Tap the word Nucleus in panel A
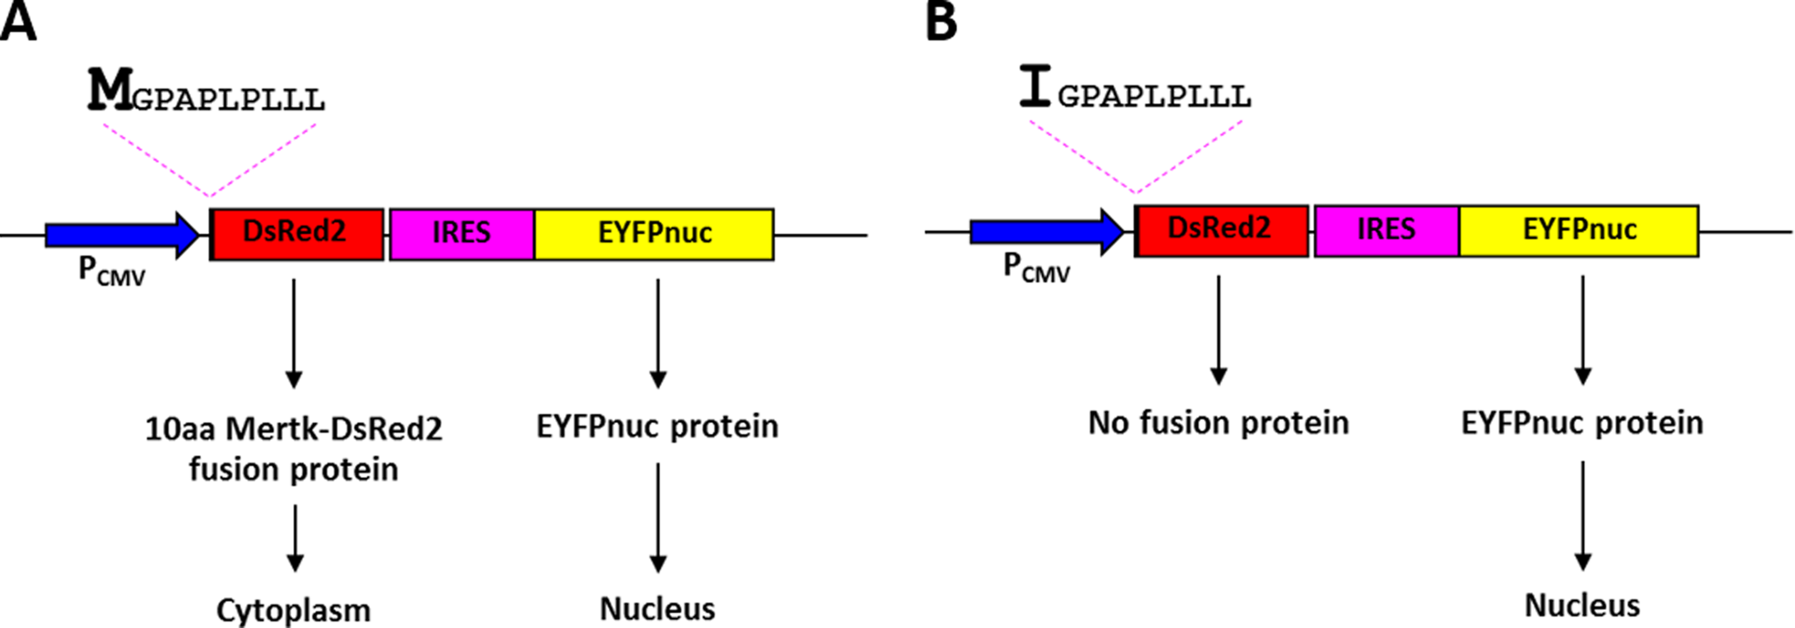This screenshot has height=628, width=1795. tap(657, 609)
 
